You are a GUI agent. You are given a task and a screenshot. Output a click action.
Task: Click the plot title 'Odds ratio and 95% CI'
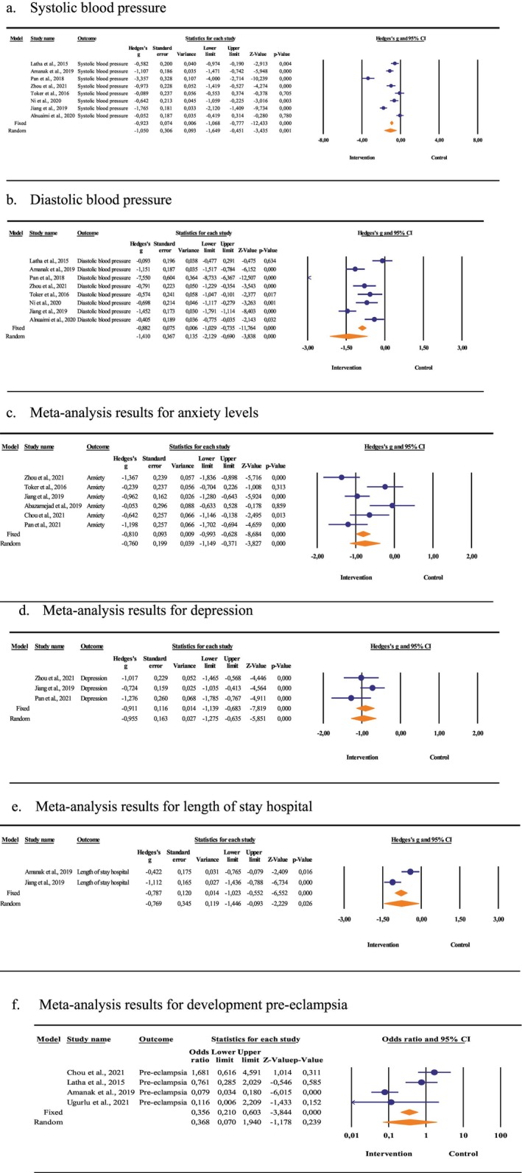coord(426,1019)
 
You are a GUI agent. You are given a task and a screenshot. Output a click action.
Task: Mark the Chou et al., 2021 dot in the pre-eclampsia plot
coord(434,1052)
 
